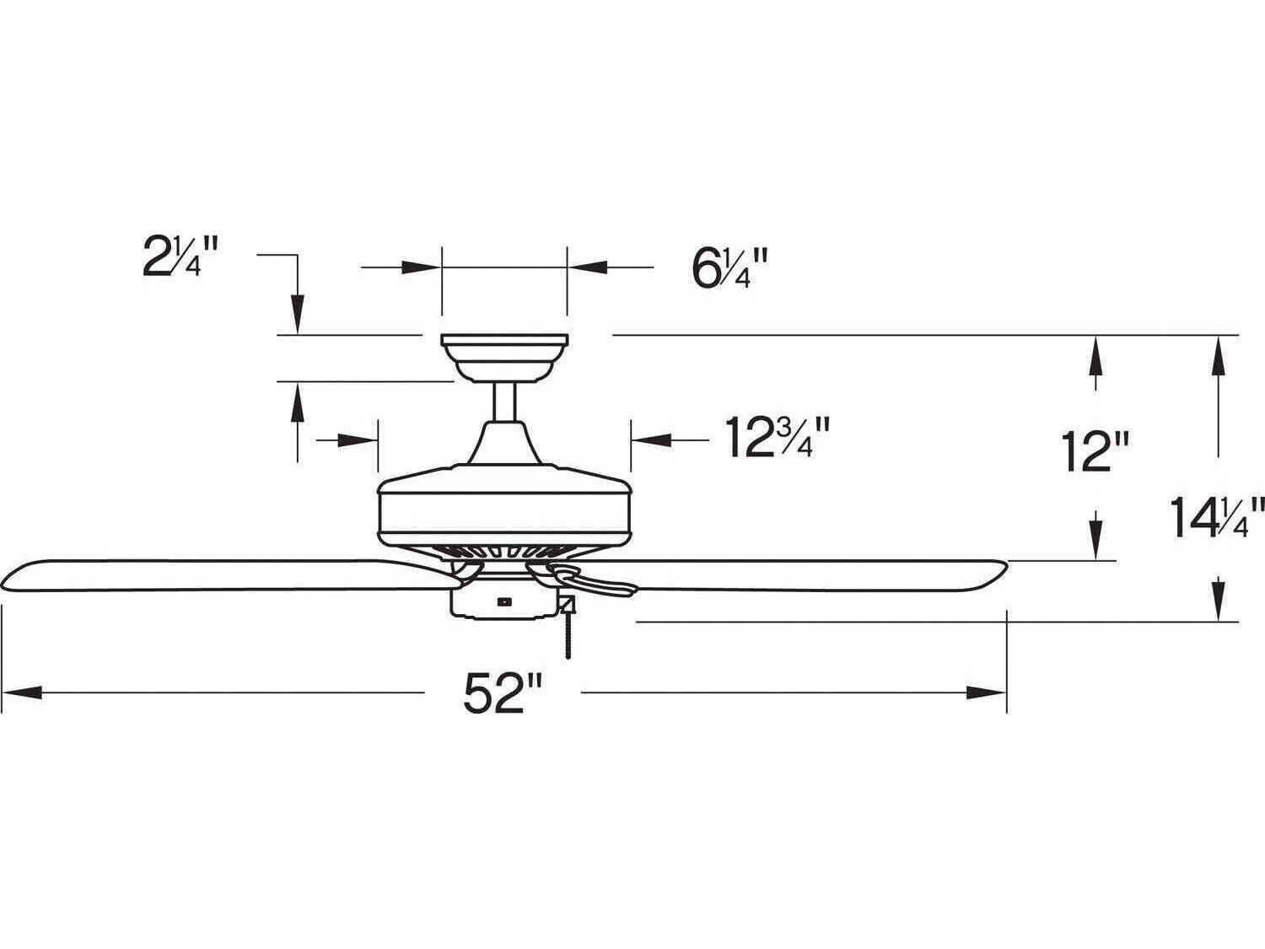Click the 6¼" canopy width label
tap(729, 268)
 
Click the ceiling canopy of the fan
tap(504, 355)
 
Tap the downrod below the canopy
tap(504, 402)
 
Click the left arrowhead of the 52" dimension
tap(21, 693)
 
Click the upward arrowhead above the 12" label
tap(1095, 353)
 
